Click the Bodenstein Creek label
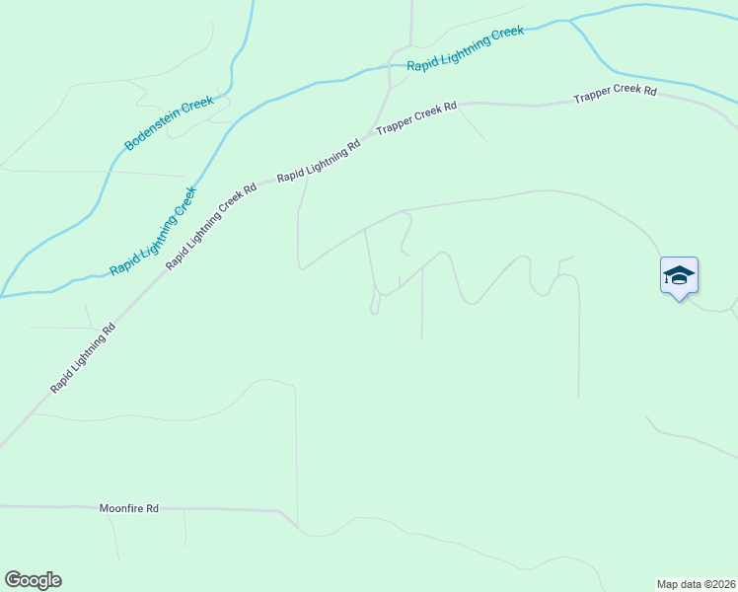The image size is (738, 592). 169,123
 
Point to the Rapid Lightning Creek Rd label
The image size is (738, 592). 211,226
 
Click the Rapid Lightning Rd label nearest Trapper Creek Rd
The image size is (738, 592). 319,161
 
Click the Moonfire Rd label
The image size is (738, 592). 128,509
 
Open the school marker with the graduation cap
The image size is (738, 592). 679,274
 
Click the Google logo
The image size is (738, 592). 33,580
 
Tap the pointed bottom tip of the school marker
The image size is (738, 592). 679,299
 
